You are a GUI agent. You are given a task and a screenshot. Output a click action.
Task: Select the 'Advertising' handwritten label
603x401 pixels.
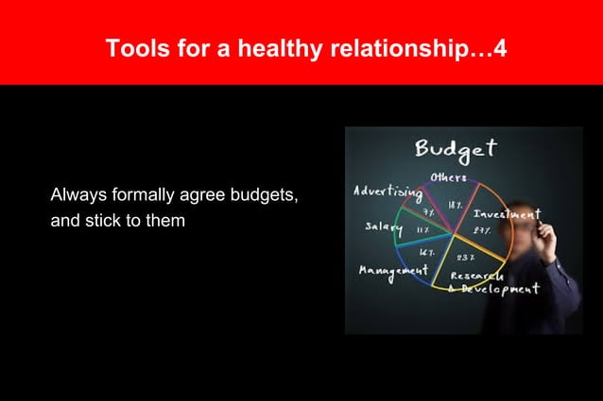pos(388,192)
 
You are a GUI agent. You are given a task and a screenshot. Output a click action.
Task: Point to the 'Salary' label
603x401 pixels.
pos(384,228)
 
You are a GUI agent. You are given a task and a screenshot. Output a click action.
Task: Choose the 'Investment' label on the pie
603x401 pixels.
pos(506,214)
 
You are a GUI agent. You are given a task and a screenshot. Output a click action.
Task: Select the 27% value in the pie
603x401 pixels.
pos(482,229)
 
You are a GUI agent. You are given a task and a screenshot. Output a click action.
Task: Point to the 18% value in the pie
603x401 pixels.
pos(455,204)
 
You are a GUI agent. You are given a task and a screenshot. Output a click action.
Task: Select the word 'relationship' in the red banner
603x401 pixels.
pos(393,47)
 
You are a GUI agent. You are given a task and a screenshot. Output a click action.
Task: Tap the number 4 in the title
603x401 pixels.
pos(500,47)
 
